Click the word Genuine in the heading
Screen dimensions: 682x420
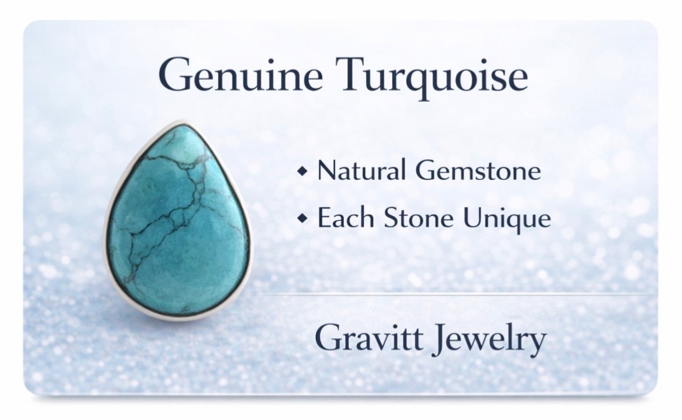click(x=240, y=75)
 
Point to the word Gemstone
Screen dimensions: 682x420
click(x=478, y=170)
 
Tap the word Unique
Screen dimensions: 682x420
click(x=506, y=219)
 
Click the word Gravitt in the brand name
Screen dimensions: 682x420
click(x=369, y=338)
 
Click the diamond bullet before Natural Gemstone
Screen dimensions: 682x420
click(x=302, y=171)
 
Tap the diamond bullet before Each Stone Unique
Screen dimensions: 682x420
click(x=302, y=219)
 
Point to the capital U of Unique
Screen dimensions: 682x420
click(x=472, y=218)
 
